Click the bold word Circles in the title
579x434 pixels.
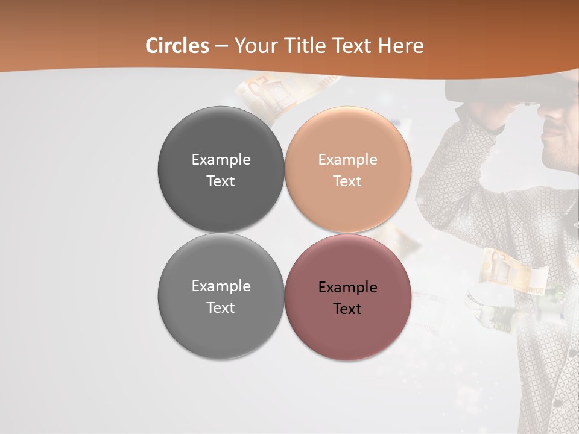point(177,46)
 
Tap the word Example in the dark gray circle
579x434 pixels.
point(221,160)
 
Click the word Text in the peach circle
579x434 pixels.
point(347,181)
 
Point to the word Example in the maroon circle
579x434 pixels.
point(347,288)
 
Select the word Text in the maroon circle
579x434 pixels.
point(347,309)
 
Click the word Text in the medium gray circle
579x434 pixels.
point(221,308)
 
